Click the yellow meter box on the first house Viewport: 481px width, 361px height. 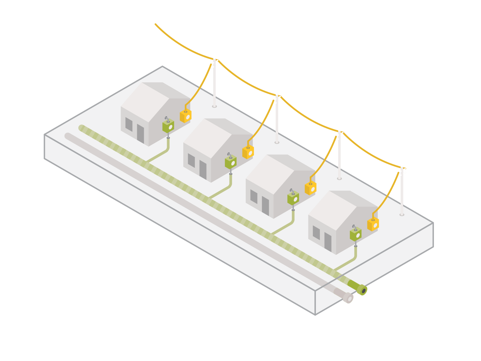pos(185,116)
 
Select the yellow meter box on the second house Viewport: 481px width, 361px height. pos(248,152)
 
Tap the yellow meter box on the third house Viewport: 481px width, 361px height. pos(311,188)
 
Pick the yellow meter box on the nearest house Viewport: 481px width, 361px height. pos(373,224)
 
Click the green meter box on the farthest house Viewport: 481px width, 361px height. pos(168,126)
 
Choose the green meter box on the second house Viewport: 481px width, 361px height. pos(231,162)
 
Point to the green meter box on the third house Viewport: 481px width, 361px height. pos(293,198)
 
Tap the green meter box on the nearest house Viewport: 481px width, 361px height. pos(356,235)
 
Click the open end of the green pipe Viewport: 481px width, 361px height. pos(363,290)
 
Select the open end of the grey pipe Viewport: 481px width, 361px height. pos(348,298)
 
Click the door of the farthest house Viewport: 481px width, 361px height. pos(141,133)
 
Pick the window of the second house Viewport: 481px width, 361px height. pos(191,160)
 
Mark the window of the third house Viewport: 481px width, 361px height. pos(254,197)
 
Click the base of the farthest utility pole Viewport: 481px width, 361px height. pos(214,106)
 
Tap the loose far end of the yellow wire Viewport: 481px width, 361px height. pos(156,24)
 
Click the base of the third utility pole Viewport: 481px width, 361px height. pos(339,178)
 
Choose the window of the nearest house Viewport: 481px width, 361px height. pos(316,233)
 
